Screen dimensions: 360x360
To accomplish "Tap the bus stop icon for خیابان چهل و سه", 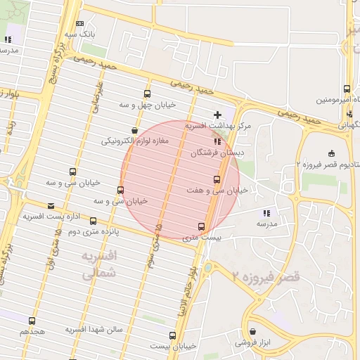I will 147,94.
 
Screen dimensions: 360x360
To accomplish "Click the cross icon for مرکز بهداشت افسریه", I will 217,115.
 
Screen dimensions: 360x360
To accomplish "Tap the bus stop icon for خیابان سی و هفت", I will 216,179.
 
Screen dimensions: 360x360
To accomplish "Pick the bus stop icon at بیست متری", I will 202,226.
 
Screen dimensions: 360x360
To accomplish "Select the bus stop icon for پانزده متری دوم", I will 93,221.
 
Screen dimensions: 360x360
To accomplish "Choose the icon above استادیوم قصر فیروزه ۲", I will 331,153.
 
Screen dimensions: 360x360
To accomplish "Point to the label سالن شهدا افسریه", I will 95,329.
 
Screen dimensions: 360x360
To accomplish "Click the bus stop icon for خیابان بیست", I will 172,335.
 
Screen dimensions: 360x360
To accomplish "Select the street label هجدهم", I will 32,330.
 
